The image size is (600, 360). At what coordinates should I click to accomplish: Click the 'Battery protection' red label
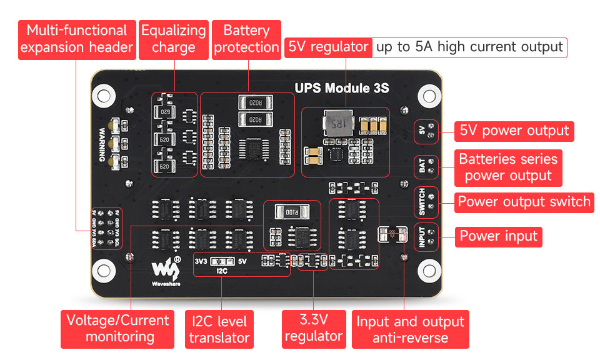(246, 39)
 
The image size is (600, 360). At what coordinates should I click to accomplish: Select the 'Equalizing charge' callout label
(173, 39)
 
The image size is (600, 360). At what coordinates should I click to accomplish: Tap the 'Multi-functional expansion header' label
(77, 39)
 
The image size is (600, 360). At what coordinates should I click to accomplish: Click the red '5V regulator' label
(328, 47)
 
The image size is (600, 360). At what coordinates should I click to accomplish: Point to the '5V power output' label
(514, 131)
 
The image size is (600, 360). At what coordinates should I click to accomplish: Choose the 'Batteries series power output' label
(507, 167)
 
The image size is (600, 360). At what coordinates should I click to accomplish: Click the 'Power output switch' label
(524, 202)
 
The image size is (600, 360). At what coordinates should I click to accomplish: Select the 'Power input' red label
(499, 236)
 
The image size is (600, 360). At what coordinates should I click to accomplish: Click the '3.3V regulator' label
(313, 328)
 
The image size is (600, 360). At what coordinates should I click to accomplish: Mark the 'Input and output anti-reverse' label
(410, 329)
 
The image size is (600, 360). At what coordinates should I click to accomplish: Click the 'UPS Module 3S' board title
(342, 88)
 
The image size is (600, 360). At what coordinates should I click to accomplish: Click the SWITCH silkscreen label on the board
(422, 201)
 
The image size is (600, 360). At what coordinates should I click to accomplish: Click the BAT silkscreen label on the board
(422, 166)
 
